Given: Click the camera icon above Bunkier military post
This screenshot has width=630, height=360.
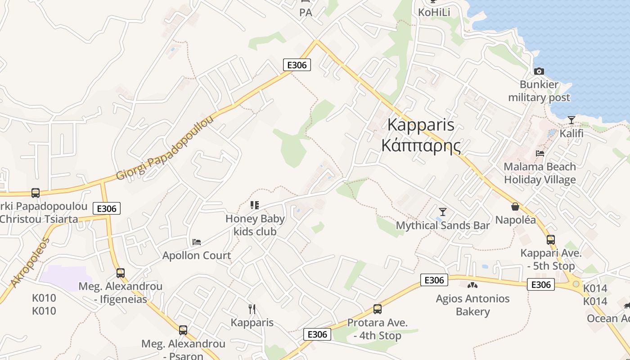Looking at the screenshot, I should coord(539,71).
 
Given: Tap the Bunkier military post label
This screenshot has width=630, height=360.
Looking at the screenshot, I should coord(539,91).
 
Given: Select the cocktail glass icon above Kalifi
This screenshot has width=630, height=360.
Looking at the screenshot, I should coord(571,120).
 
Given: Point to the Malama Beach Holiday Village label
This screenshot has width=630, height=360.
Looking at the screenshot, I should coord(540,173).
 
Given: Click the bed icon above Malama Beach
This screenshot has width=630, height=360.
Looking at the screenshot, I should coord(540,153).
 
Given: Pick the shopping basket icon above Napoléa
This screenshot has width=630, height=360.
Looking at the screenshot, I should coord(515,207).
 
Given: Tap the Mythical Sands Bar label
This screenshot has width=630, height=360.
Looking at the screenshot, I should coord(442,225).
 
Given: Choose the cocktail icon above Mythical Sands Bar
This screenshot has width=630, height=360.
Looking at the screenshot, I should coord(443,211).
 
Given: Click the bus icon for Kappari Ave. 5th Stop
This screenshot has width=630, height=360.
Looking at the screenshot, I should coord(550,240).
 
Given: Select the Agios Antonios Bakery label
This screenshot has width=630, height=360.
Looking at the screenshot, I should coord(472,305).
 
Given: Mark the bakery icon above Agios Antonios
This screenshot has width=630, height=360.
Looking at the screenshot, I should coord(472,285).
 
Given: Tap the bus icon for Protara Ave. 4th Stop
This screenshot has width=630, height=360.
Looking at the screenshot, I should coord(377,309).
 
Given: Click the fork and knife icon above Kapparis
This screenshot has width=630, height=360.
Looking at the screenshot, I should coord(252,309).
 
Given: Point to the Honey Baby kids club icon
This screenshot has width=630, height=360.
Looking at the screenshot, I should coord(255,205).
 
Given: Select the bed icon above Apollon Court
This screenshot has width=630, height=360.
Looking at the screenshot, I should coord(197,242).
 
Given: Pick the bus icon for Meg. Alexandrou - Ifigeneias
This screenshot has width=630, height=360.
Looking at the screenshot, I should coord(120,273).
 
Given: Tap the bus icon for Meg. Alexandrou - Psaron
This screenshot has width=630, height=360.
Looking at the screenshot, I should coord(183,330).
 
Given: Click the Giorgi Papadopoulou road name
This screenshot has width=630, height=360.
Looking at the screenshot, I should coord(165,148).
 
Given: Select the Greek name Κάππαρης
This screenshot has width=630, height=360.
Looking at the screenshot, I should coord(421,146).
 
